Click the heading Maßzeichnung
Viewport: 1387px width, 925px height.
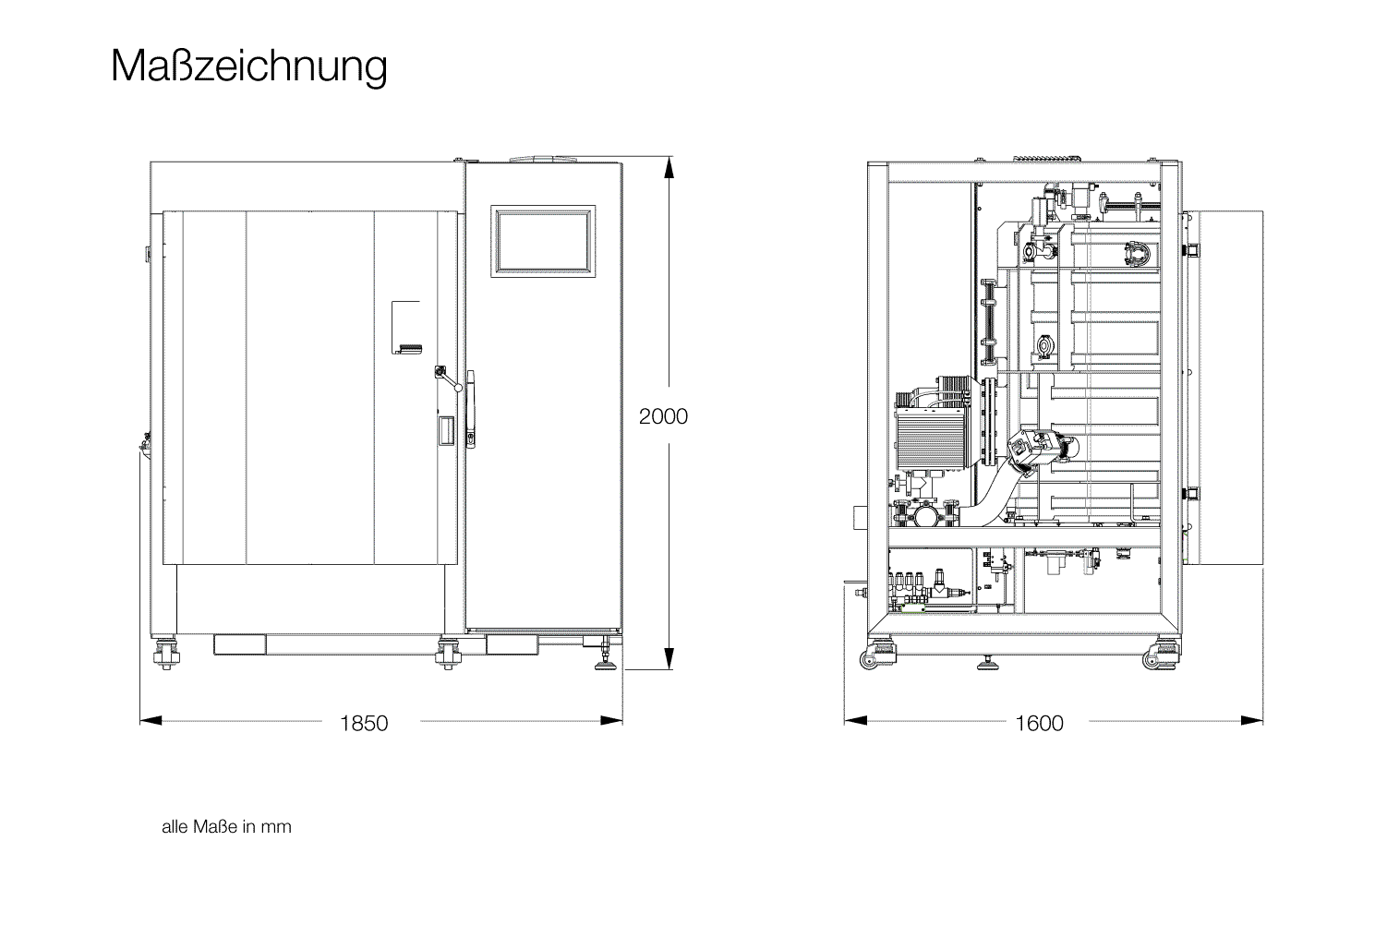tap(249, 66)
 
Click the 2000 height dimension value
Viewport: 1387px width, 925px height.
tap(663, 416)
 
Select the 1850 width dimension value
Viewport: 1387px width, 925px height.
tap(364, 723)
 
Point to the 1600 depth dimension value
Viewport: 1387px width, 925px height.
tap(1039, 723)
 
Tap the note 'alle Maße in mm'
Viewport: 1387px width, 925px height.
tap(226, 826)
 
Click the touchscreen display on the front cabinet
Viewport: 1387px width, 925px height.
tap(543, 241)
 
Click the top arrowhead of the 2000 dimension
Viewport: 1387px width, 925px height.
tap(669, 167)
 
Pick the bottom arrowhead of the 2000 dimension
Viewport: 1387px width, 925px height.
tap(669, 658)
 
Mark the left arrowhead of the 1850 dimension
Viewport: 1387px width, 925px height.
tap(151, 720)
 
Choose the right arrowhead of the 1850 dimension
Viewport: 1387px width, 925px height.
tap(611, 720)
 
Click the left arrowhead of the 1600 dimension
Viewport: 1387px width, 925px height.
tap(855, 720)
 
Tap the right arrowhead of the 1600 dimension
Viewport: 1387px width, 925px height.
tap(1252, 720)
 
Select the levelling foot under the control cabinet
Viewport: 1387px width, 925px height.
tap(605, 659)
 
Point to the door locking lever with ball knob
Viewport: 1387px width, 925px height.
tap(448, 378)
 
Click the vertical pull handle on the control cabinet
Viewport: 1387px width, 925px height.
tap(471, 409)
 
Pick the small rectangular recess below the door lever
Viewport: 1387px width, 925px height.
tap(446, 430)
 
